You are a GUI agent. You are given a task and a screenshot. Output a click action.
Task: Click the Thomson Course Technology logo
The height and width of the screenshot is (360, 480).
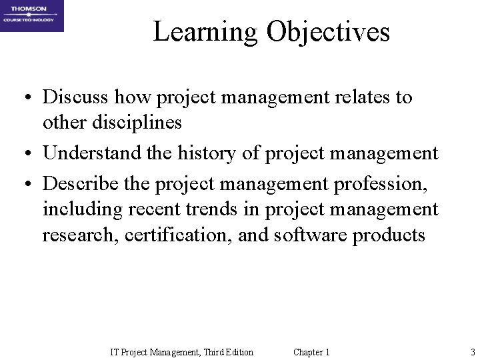coord(32,16)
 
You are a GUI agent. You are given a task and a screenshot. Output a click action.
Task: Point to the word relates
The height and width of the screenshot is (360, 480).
coord(363,97)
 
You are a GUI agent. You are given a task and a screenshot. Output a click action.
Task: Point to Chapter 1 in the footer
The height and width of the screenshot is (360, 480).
coord(311,352)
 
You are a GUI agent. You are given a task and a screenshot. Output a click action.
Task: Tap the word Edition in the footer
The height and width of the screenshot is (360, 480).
coord(235,352)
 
